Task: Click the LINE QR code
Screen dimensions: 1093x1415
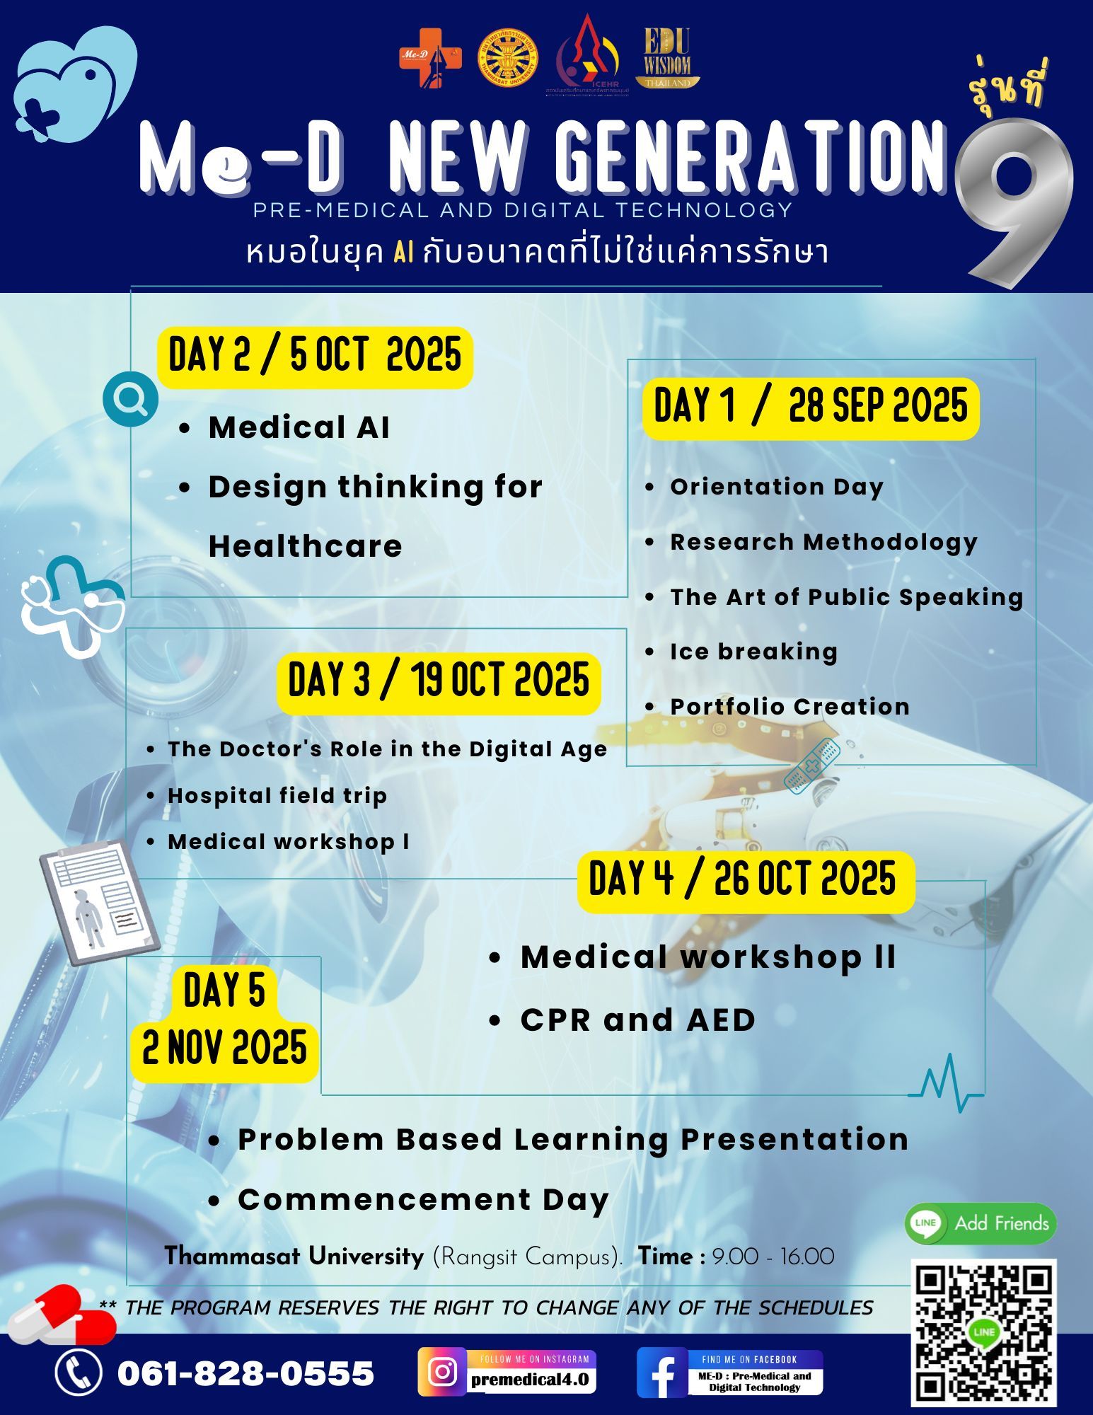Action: tap(983, 1333)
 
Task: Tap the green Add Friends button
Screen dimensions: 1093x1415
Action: tap(981, 1223)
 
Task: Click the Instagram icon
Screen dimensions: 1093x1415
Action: tap(442, 1372)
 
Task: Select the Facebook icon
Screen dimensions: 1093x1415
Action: tap(662, 1372)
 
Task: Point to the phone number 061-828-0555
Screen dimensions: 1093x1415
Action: tap(245, 1373)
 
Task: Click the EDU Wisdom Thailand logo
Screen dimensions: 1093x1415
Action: tap(667, 57)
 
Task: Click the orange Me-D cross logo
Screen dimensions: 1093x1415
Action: tap(430, 59)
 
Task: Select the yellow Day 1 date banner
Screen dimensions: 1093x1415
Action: tap(811, 408)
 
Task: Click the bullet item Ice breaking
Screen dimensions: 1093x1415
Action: tap(754, 652)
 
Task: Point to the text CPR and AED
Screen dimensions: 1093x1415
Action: tap(638, 1020)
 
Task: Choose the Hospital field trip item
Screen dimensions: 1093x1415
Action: tap(277, 795)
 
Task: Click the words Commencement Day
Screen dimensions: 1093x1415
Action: tap(423, 1200)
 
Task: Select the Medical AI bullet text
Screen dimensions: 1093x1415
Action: tap(299, 427)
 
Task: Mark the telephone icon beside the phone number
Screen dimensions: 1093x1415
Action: tap(79, 1372)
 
